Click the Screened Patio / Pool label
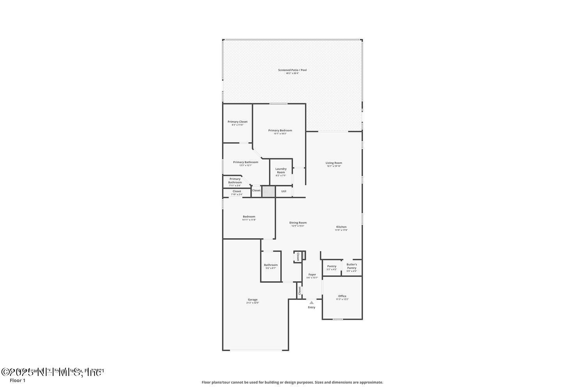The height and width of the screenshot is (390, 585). point(292,70)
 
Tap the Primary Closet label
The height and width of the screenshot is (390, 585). point(238,122)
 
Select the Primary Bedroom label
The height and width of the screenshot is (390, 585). point(280,131)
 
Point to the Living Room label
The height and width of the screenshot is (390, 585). point(334,163)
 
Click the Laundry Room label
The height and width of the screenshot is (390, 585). point(281,170)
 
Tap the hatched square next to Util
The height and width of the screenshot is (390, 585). point(268,191)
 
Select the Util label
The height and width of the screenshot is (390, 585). point(284,191)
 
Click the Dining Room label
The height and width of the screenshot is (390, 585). point(298,223)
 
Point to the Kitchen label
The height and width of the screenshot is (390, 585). point(341,227)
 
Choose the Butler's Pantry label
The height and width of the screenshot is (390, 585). point(351,266)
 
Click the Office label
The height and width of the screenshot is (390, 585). point(342,296)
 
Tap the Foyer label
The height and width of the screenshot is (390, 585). point(312,275)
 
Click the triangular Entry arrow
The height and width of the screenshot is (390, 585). point(311,302)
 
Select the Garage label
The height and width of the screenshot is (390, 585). point(252,300)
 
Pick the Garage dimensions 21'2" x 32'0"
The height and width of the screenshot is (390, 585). point(252,303)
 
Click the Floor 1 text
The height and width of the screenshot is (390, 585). point(18,380)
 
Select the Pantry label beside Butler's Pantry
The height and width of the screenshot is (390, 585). point(331,266)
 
